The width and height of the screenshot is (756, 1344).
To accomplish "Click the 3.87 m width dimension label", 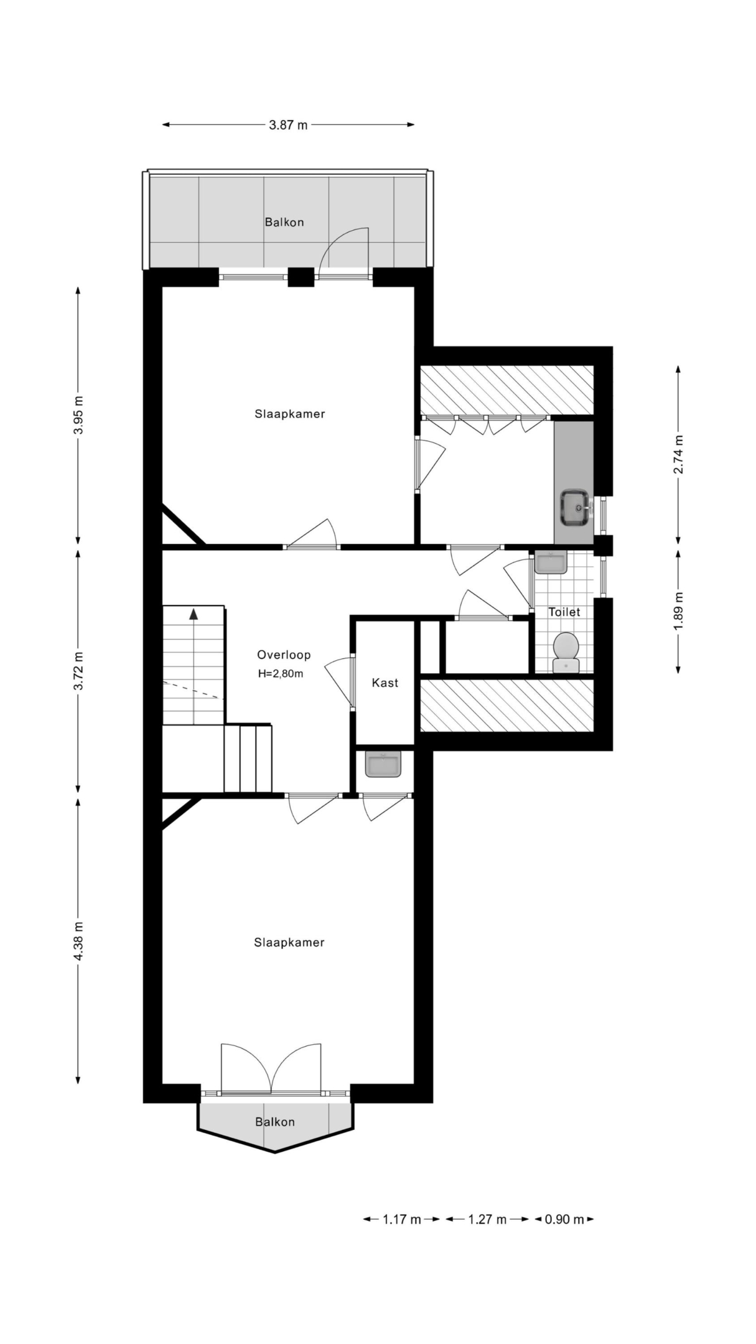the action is pyautogui.click(x=288, y=125).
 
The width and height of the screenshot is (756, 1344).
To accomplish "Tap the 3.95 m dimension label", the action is pyautogui.click(x=78, y=416).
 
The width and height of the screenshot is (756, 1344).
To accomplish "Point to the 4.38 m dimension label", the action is pyautogui.click(x=78, y=941).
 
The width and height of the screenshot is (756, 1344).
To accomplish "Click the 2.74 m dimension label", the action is pyautogui.click(x=678, y=454).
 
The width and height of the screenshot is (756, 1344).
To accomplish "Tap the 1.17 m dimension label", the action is pyautogui.click(x=402, y=1219).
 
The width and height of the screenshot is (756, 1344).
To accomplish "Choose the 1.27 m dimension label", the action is pyautogui.click(x=488, y=1219).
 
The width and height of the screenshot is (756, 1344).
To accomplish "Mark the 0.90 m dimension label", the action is pyautogui.click(x=564, y=1219).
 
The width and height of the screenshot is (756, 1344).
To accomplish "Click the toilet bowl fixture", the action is pyautogui.click(x=566, y=653).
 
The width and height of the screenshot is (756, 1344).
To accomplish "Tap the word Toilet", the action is pyautogui.click(x=564, y=612).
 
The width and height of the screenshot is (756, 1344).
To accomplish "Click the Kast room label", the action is pyautogui.click(x=385, y=683).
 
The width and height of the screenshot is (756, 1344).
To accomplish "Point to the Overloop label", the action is pyautogui.click(x=284, y=655).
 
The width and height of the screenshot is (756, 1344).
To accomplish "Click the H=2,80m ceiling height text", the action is pyautogui.click(x=281, y=673).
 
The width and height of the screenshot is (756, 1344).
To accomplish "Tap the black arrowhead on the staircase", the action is pyautogui.click(x=194, y=614).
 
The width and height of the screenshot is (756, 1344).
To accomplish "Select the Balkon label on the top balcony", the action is pyautogui.click(x=284, y=222).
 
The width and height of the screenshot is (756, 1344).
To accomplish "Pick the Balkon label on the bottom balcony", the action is pyautogui.click(x=275, y=1122).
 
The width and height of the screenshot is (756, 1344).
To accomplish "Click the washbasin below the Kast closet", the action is pyautogui.click(x=384, y=764).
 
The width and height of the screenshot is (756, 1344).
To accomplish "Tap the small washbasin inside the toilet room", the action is pyautogui.click(x=551, y=562).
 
